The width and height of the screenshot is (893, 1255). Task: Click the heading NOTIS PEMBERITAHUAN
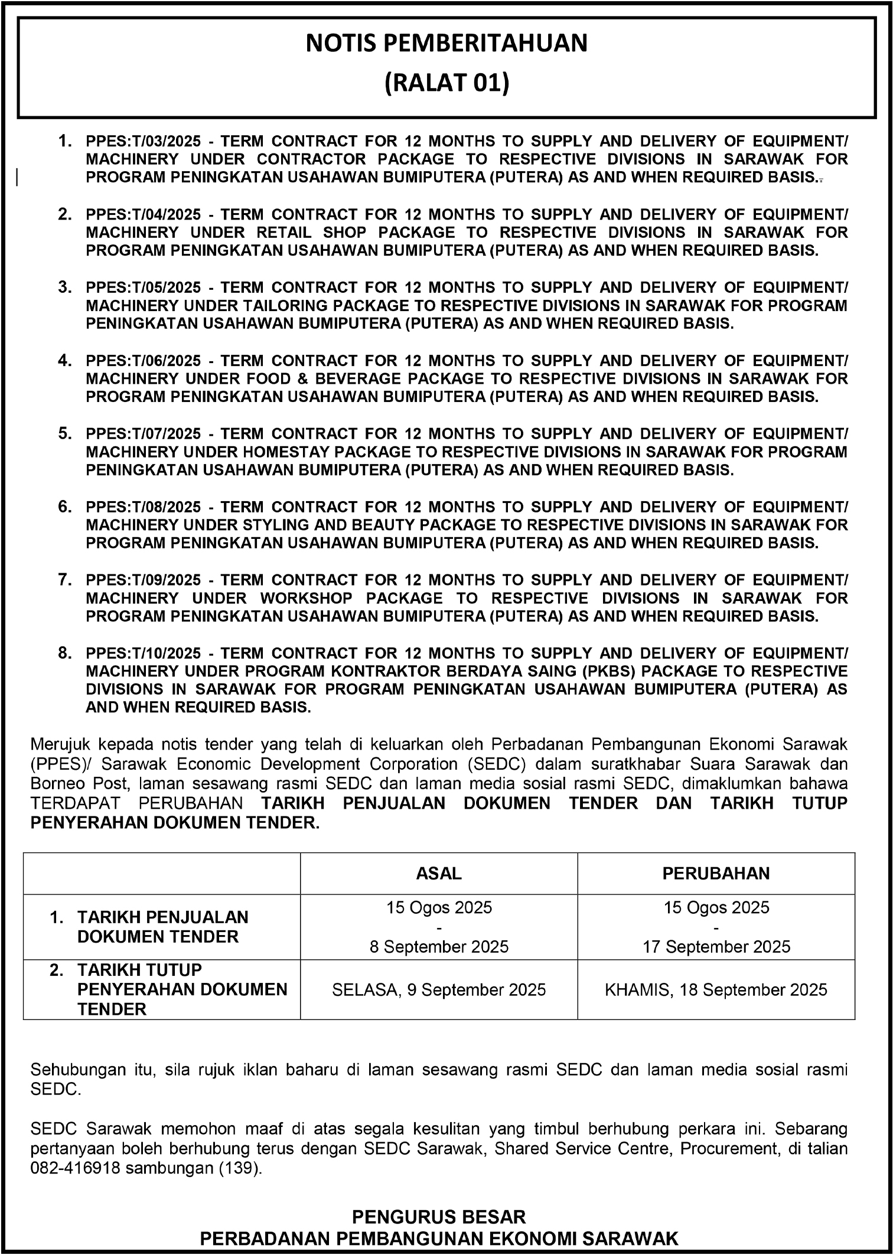click(x=446, y=44)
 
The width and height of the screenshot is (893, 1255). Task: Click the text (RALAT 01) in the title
click(x=446, y=83)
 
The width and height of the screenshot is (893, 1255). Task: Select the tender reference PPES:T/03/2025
click(x=144, y=142)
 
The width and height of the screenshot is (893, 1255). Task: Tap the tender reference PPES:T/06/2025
click(x=144, y=361)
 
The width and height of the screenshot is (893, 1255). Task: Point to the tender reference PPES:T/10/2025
click(x=144, y=654)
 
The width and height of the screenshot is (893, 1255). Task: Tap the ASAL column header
click(x=439, y=874)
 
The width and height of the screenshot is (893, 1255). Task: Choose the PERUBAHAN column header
click(x=716, y=874)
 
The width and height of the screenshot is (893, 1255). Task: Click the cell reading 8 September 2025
click(x=439, y=947)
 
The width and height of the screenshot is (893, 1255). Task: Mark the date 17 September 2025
click(x=716, y=947)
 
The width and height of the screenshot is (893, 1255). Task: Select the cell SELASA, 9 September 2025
click(x=439, y=990)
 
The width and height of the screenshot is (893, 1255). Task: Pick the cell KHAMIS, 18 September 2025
click(x=716, y=990)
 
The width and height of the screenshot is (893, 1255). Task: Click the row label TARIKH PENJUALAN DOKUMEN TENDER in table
click(x=162, y=927)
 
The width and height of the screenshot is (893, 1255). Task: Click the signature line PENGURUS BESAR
click(x=439, y=1217)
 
